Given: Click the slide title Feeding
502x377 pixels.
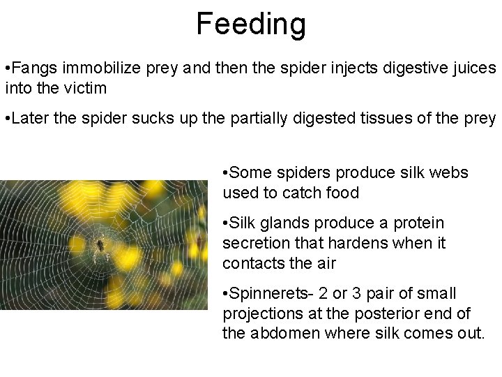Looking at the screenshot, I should coord(250,24).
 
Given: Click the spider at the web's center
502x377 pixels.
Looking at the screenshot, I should coord(100,244).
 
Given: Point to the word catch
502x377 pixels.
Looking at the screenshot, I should coord(293,193).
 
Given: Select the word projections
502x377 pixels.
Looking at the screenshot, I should coord(262,314).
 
